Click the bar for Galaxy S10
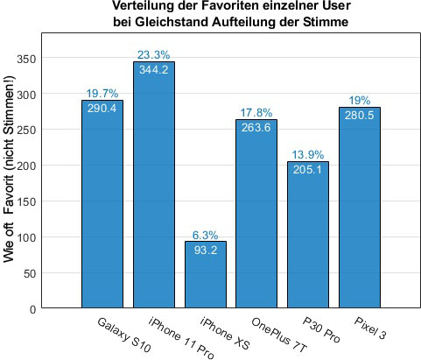tap(102, 210)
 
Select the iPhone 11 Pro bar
tap(154, 193)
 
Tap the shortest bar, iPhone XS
tap(206, 280)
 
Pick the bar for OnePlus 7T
tap(256, 219)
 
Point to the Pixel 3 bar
tap(360, 215)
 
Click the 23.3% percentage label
tap(154, 55)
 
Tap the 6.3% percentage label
tap(206, 235)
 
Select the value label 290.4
tap(102, 108)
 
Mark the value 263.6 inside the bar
tap(256, 127)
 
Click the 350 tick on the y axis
tap(30, 58)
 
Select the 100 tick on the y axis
tap(30, 237)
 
